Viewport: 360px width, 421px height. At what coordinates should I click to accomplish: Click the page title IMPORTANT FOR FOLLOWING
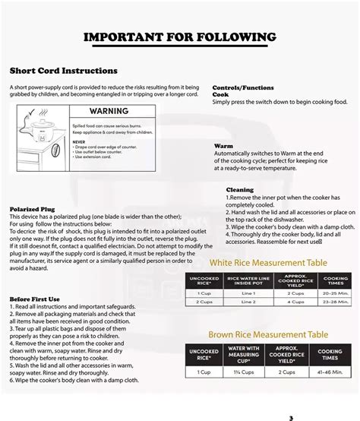179,37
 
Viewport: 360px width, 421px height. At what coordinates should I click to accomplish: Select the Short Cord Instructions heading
52,71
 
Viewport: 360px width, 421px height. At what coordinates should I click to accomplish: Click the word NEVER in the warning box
79,141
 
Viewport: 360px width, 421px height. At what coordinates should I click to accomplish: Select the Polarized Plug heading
32,208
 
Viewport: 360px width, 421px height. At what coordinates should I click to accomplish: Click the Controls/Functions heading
242,87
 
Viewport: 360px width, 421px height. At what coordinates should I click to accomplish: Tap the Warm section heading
223,145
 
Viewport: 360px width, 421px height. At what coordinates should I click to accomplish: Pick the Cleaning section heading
240,189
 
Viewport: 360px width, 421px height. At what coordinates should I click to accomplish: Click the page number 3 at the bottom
291,416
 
